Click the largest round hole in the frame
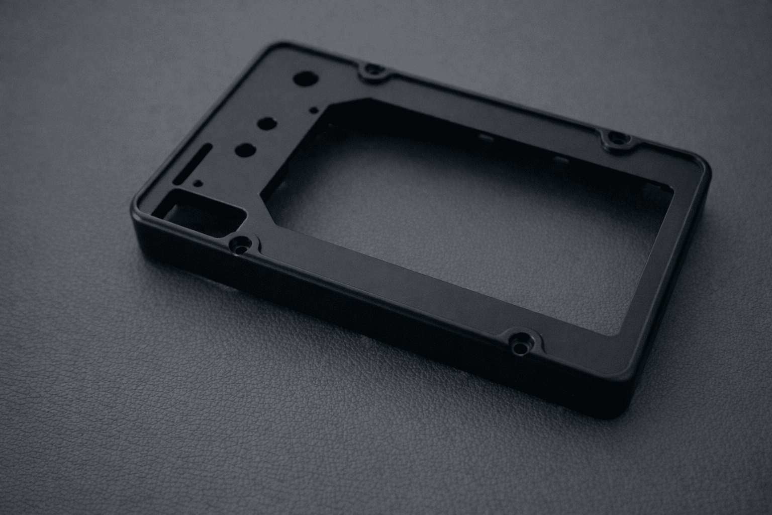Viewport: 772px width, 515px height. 305,79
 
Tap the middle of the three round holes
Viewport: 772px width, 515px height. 266,123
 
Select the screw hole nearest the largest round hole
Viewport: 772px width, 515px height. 372,71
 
